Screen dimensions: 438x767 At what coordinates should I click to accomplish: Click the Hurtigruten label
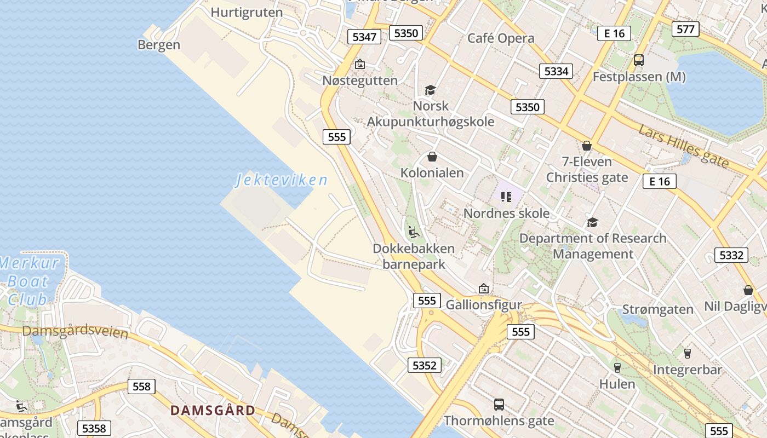pyautogui.click(x=247, y=12)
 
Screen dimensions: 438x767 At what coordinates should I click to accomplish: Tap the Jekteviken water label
pyautogui.click(x=282, y=180)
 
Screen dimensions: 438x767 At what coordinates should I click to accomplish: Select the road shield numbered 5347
pyautogui.click(x=364, y=37)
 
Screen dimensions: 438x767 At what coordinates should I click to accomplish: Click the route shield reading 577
pyautogui.click(x=685, y=29)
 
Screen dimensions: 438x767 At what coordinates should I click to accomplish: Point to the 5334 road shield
pyautogui.click(x=556, y=71)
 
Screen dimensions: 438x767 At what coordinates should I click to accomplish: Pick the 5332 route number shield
pyautogui.click(x=731, y=255)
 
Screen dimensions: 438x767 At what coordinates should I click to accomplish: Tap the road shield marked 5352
pyautogui.click(x=425, y=365)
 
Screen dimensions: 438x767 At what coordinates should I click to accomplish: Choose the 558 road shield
pyautogui.click(x=141, y=387)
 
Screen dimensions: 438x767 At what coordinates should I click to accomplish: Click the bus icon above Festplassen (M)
pyautogui.click(x=639, y=60)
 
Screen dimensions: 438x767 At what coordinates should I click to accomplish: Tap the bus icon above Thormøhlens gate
pyautogui.click(x=499, y=405)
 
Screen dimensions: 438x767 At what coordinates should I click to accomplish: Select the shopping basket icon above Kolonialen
pyautogui.click(x=432, y=157)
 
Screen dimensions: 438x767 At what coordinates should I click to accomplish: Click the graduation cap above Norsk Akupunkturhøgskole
pyautogui.click(x=430, y=90)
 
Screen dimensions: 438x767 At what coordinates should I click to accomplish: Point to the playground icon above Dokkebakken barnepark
pyautogui.click(x=414, y=232)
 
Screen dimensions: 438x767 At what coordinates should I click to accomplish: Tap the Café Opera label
pyautogui.click(x=501, y=38)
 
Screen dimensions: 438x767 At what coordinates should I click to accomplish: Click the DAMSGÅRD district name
pyautogui.click(x=213, y=410)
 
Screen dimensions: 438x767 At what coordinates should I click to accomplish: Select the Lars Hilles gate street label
pyautogui.click(x=684, y=146)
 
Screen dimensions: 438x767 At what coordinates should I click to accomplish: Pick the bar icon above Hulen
pyautogui.click(x=617, y=367)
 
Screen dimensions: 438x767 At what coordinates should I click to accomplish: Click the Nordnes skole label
pyautogui.click(x=506, y=213)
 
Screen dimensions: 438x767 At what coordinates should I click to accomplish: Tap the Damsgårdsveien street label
pyautogui.click(x=75, y=332)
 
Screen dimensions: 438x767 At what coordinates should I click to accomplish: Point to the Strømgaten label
pyautogui.click(x=658, y=310)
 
